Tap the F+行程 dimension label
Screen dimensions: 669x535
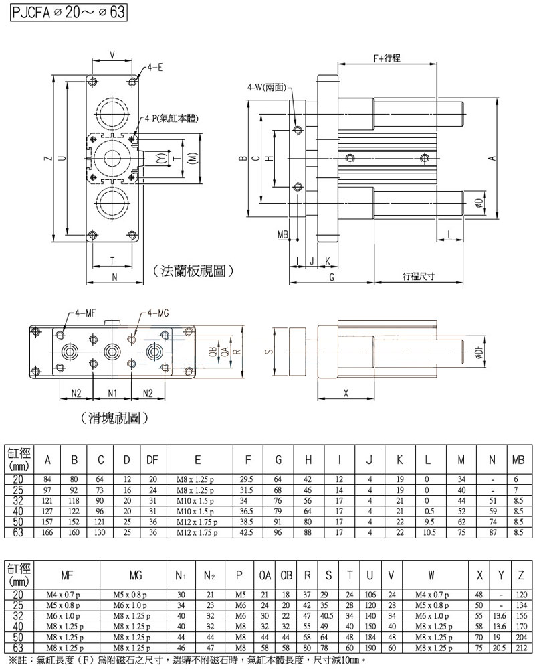pos(387,59)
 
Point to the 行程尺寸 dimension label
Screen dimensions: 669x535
pos(419,276)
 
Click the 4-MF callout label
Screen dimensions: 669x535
pos(84,313)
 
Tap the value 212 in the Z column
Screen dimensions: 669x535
pos(521,649)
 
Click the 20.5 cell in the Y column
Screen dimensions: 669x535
pos(500,649)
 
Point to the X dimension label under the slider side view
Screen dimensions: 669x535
pos(346,394)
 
